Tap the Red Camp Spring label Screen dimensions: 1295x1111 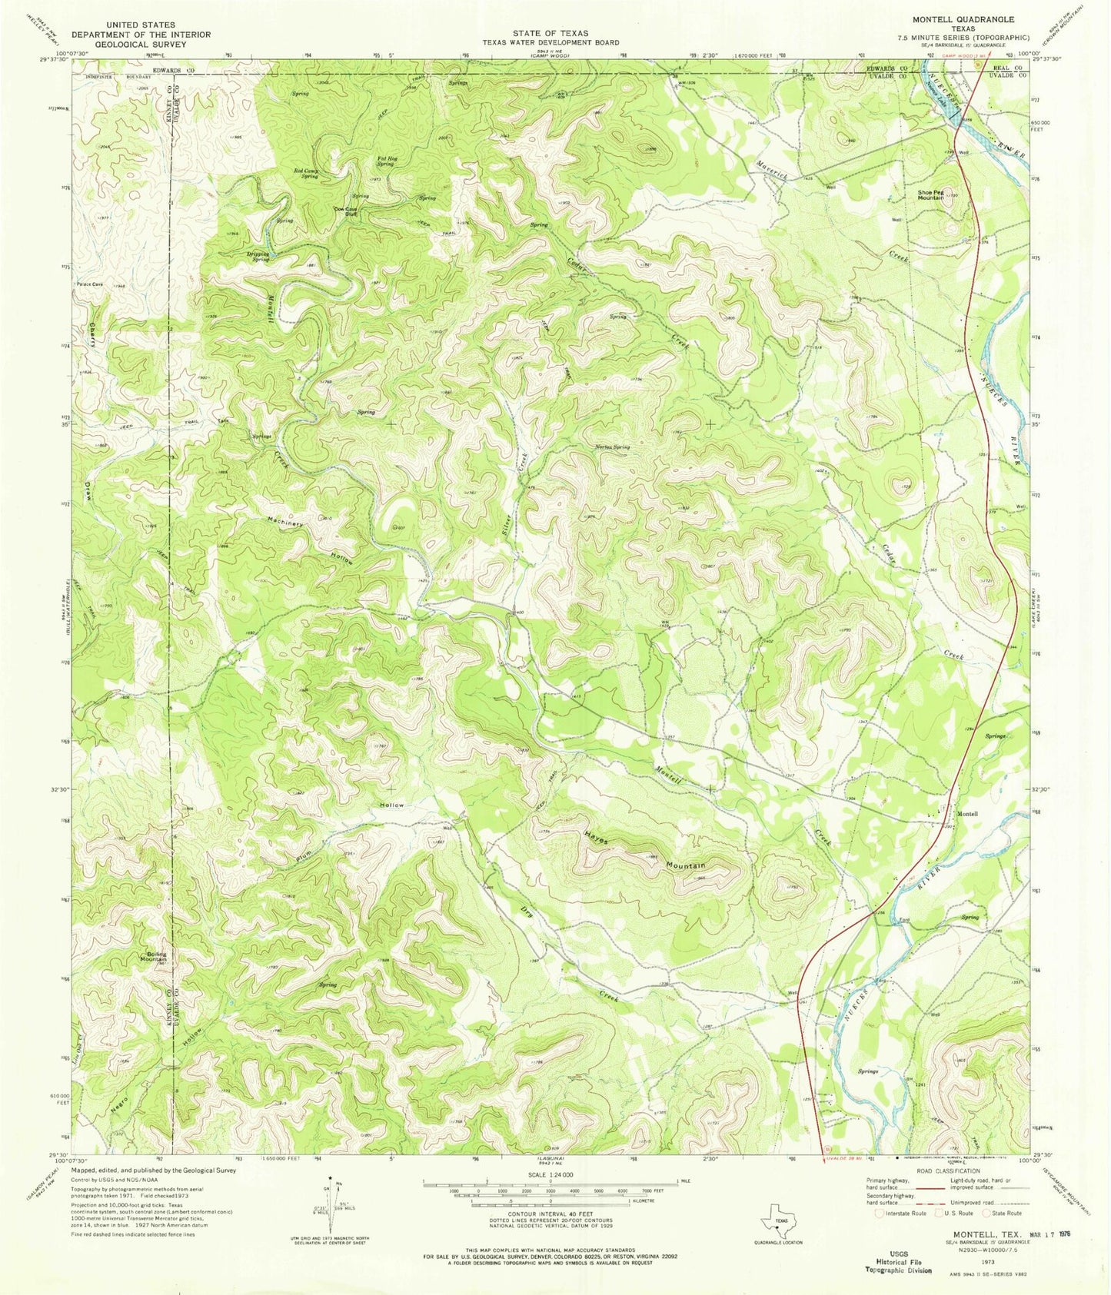click(x=306, y=174)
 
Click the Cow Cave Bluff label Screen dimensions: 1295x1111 click(x=345, y=211)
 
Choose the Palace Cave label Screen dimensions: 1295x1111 click(x=88, y=284)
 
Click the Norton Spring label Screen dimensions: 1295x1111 click(x=612, y=447)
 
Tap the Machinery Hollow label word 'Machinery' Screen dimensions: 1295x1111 click(x=285, y=520)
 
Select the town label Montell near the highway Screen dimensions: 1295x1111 click(x=966, y=814)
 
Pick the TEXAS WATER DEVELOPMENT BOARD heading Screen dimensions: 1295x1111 click(x=551, y=42)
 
